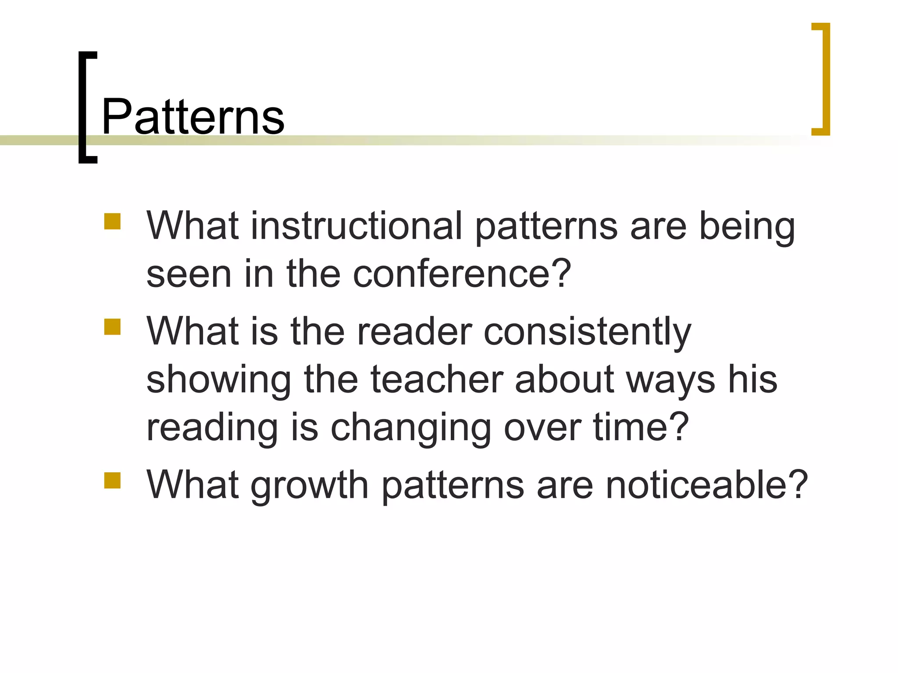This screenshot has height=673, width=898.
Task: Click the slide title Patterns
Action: (193, 117)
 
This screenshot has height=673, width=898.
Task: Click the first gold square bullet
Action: (112, 222)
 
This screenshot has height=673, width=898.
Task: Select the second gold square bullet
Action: (112, 327)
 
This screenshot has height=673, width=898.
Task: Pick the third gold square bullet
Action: (112, 480)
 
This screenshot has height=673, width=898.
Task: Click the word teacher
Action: (437, 379)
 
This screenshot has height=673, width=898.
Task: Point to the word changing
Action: (410, 428)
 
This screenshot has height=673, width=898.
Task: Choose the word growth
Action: (310, 485)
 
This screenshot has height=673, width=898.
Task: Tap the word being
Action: (747, 227)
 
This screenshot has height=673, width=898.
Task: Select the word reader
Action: (415, 332)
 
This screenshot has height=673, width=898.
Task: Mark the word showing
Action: (218, 380)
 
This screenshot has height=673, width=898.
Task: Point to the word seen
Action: (189, 274)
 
